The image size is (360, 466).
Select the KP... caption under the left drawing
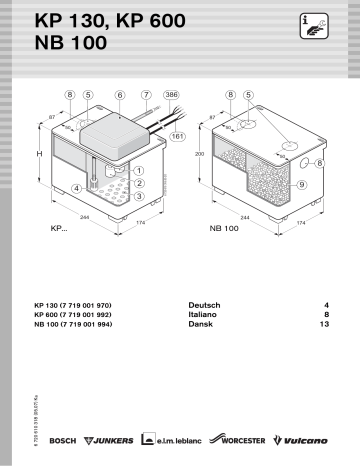(x=59, y=229)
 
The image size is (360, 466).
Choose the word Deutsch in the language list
(x=204, y=302)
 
